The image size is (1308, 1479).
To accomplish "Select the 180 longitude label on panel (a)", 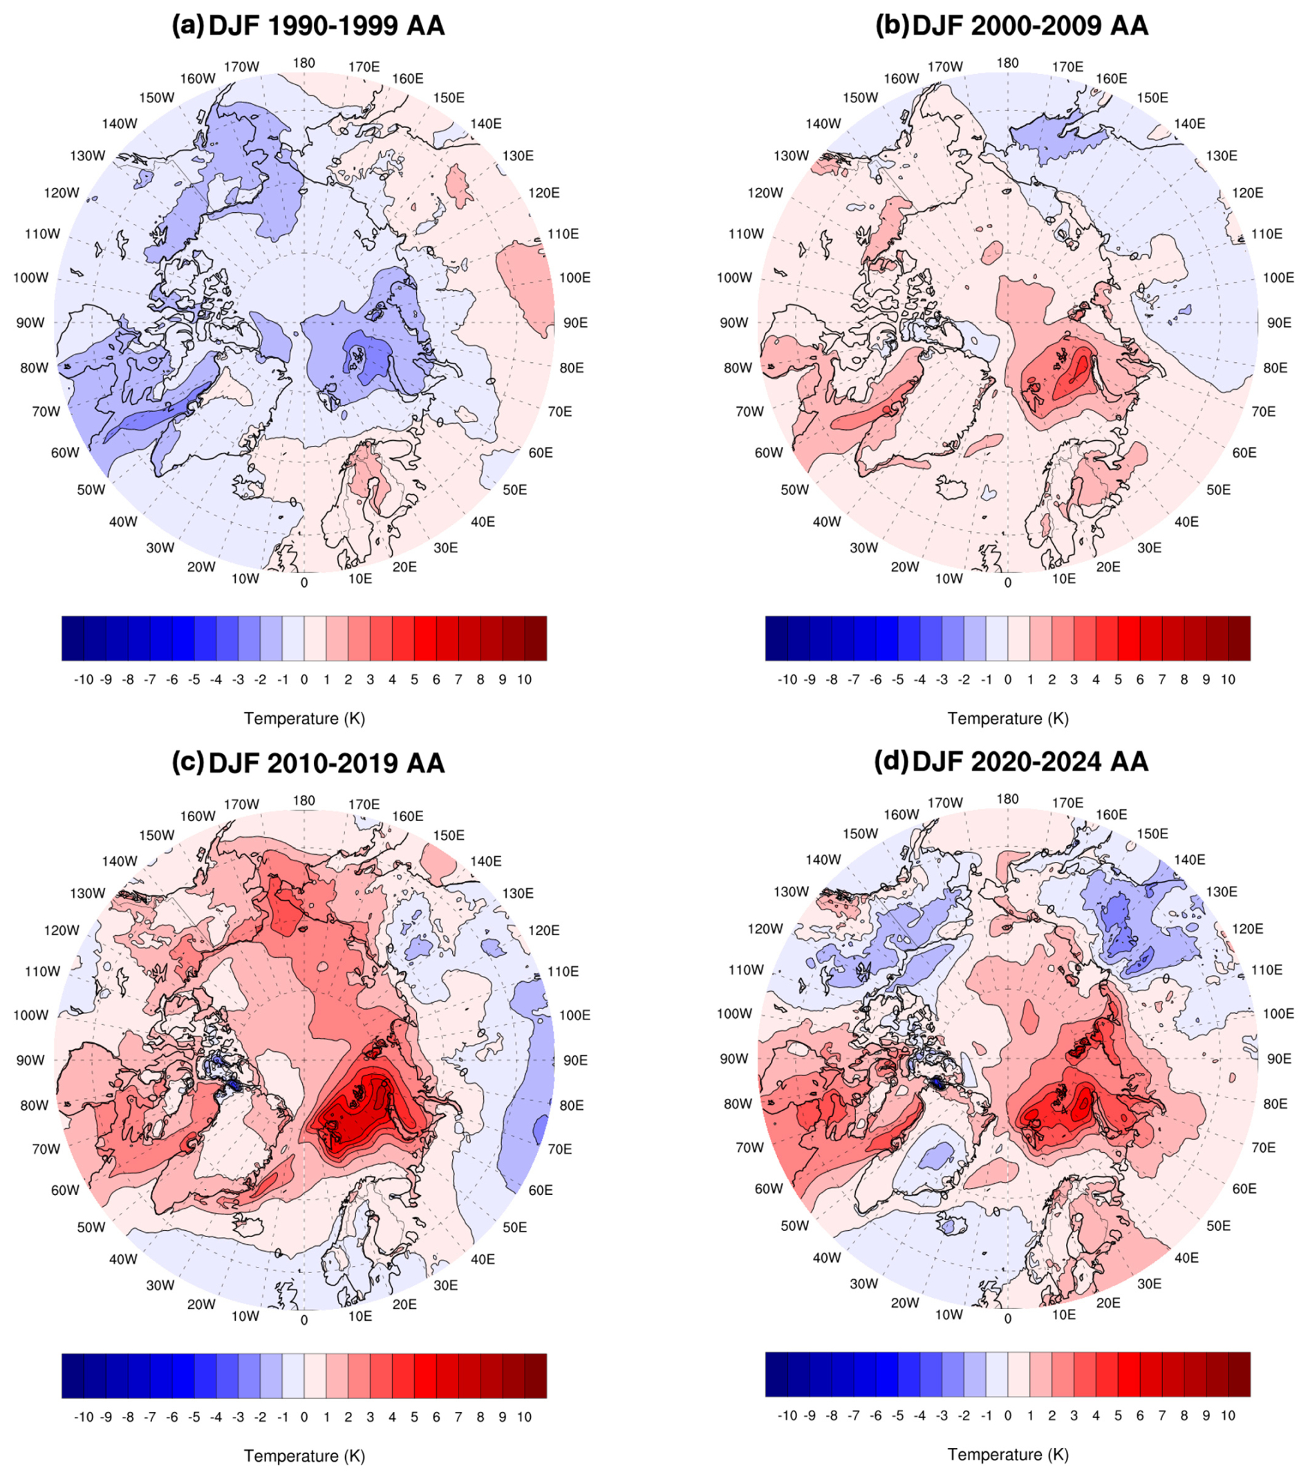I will (304, 63).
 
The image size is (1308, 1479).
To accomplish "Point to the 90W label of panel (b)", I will (734, 323).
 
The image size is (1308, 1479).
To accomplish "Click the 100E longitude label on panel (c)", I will (574, 1015).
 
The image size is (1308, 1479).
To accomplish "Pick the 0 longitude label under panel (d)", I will (1007, 1319).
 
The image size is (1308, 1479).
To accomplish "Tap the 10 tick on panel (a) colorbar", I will (524, 680).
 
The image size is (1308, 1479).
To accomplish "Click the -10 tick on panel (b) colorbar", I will (787, 680).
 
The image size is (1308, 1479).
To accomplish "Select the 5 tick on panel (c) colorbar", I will (414, 1417).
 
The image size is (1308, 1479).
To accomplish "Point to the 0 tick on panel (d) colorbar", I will (1007, 1415).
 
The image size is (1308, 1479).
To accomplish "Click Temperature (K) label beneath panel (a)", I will (304, 719).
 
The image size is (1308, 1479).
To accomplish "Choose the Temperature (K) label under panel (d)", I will (1007, 1454).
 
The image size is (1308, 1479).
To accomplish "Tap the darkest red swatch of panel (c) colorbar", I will (536, 1375).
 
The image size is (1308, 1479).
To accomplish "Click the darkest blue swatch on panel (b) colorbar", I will (776, 638).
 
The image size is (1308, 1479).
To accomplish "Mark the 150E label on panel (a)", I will (448, 98).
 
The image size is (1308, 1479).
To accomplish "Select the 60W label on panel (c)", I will (65, 1189).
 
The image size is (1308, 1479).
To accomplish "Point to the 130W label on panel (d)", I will (790, 892).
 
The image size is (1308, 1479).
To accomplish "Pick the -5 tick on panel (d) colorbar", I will (897, 1415).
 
